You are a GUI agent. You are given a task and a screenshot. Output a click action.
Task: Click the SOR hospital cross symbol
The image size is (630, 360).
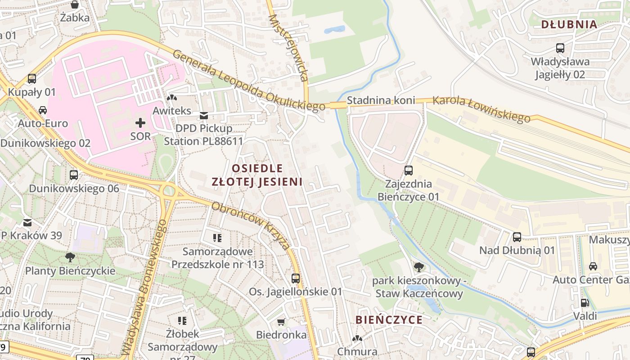140,122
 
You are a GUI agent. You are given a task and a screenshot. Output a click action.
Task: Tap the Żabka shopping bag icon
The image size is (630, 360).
75,4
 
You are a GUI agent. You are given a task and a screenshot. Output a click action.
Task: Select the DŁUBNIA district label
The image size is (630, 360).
569,25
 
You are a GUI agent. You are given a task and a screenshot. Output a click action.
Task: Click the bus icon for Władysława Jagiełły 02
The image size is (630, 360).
560,48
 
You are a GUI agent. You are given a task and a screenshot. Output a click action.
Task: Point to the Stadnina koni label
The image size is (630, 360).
381,100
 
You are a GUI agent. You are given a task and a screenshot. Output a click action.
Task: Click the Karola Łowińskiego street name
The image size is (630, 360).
481,109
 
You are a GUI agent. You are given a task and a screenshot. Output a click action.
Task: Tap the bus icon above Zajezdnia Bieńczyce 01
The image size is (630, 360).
409,171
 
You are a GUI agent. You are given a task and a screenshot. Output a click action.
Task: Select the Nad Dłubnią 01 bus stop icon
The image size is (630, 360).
517,237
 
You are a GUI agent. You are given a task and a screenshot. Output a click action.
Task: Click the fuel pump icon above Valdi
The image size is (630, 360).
585,303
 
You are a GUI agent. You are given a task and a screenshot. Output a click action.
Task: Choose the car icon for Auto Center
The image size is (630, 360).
593,266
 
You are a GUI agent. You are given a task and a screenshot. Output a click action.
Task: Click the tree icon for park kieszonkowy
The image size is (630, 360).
418,267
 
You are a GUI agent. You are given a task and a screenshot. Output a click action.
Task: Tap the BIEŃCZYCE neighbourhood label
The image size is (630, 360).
389,320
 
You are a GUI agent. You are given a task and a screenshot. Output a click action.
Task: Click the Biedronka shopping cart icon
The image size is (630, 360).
281,322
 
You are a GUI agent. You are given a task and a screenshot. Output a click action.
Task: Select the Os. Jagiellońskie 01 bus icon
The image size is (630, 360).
296,279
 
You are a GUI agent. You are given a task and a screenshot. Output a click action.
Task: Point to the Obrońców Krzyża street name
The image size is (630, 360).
251,225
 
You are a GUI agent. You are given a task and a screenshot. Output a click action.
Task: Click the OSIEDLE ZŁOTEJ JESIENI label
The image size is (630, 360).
257,175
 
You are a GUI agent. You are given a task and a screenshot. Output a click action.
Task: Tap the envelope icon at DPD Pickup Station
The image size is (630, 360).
204,116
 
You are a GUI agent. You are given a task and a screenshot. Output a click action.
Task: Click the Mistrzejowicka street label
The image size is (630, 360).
288,48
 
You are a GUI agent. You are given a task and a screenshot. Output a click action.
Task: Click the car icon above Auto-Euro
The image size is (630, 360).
42,110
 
